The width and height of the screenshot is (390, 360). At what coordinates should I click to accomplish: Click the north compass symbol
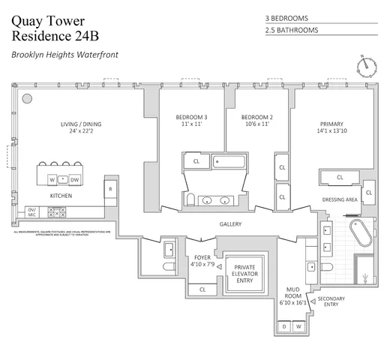pos(367,65)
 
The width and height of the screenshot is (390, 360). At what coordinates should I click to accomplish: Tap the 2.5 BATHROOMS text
pos(292,31)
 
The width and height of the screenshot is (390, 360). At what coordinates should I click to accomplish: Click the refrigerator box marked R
pos(109,190)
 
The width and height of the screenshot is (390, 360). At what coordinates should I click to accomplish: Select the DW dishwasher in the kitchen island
pos(75,180)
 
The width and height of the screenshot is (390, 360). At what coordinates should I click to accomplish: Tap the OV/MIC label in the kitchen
pos(32,212)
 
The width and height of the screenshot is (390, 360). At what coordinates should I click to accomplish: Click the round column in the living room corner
pos(26,97)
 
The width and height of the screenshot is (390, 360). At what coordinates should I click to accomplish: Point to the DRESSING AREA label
pos(340,200)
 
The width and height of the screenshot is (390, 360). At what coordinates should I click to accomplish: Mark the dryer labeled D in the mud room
pos(285,326)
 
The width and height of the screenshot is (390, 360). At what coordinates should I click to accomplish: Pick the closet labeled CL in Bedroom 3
pos(196,160)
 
